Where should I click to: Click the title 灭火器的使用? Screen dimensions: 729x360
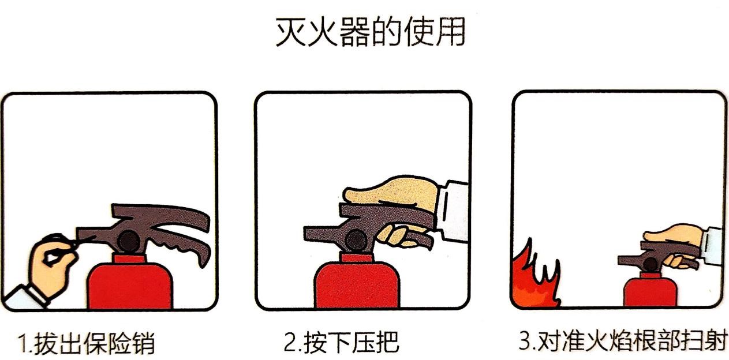click(x=371, y=32)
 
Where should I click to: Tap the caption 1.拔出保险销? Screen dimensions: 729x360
click(x=86, y=343)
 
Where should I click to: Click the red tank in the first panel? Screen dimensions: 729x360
click(x=130, y=283)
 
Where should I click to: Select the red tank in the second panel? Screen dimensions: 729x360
click(x=357, y=282)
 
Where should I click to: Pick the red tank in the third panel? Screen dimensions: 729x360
click(x=651, y=290)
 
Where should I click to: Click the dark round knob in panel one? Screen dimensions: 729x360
click(x=129, y=241)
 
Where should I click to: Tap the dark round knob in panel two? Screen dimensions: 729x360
click(x=356, y=240)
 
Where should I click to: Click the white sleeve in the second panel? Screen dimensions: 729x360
click(x=453, y=211)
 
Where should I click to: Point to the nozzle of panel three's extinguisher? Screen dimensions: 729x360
click(x=629, y=260)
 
